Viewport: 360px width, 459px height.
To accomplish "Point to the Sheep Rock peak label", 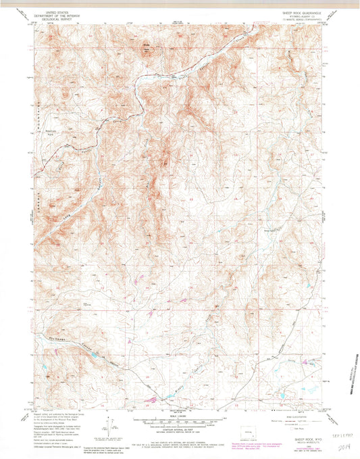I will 145,45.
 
